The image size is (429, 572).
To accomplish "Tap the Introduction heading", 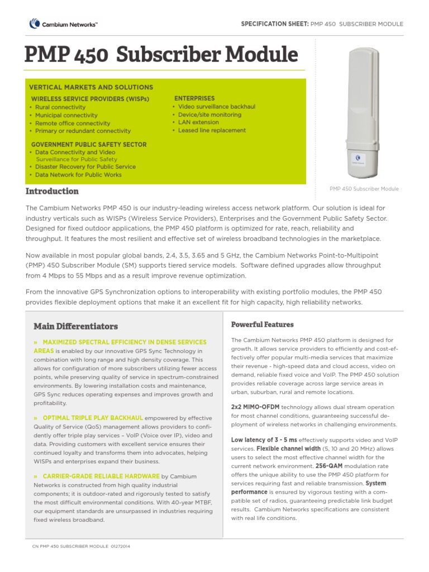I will coord(52,191).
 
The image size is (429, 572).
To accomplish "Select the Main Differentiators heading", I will coord(75,326).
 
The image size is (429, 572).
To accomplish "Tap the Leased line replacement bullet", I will coord(212,130).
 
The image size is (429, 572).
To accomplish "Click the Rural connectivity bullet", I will coord(60,107).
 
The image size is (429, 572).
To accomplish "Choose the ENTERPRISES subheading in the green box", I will coord(194,98).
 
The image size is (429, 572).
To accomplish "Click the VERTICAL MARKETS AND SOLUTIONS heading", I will coord(90,88).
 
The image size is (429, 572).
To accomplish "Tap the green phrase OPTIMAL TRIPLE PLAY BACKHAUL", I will coord(93,418).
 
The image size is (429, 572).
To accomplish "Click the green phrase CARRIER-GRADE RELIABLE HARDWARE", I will coord(101,476).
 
